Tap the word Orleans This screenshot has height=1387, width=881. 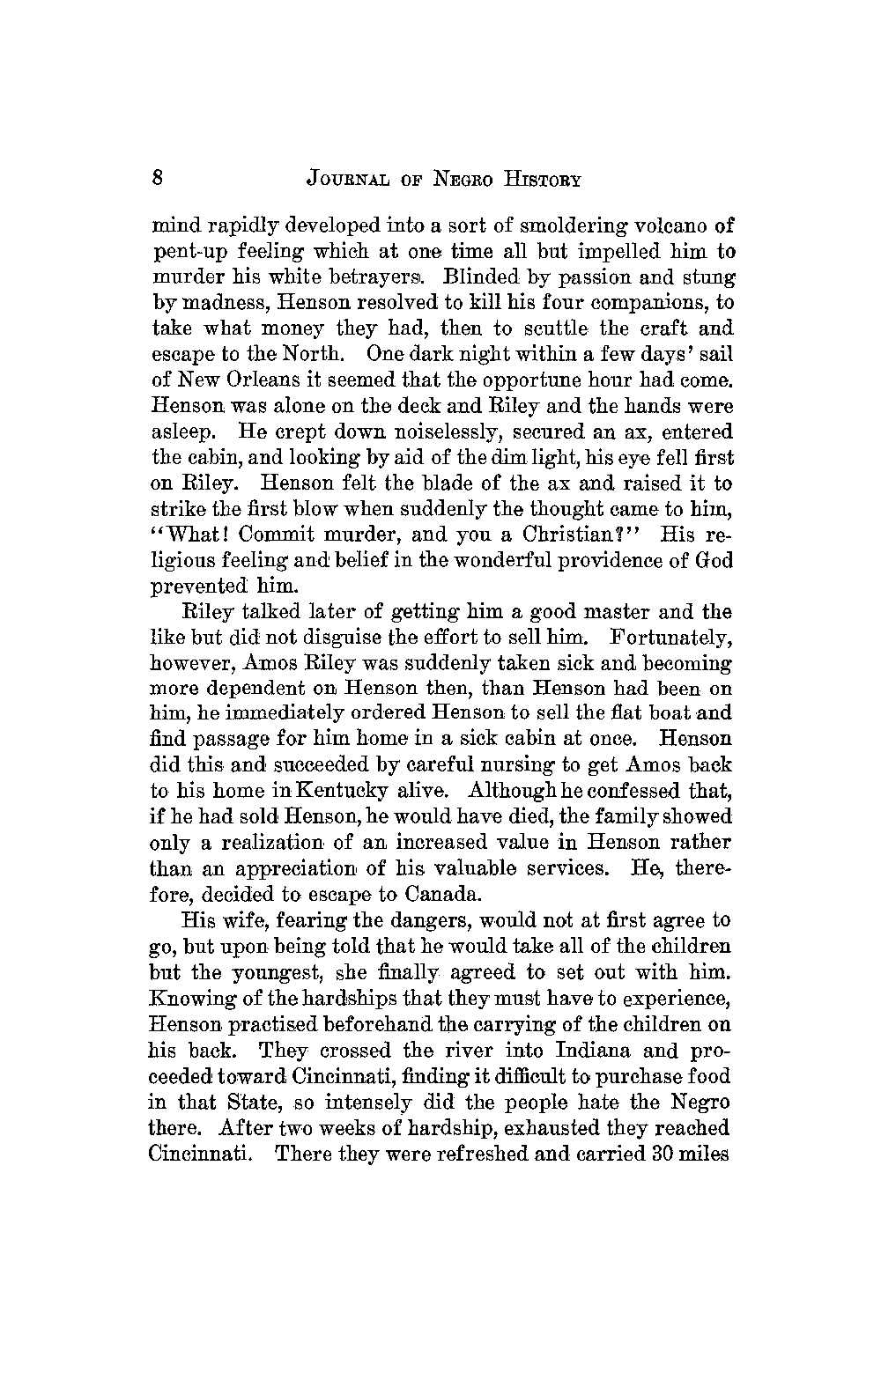tap(241, 380)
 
